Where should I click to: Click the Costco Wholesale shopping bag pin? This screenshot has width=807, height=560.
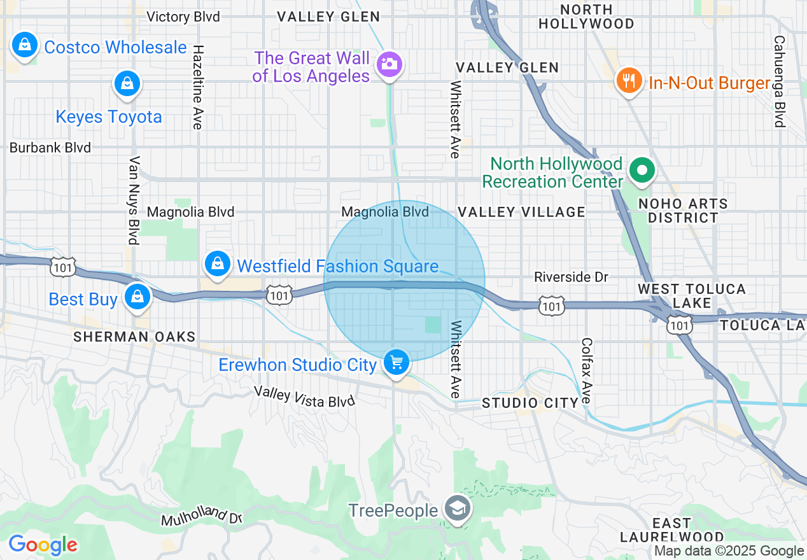click(x=24, y=45)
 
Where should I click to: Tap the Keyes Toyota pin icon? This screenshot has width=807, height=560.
click(x=127, y=83)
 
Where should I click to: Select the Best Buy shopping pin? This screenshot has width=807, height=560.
click(x=137, y=297)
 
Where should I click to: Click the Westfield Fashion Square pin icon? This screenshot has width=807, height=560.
click(x=218, y=263)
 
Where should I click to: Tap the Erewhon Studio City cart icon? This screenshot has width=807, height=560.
click(x=396, y=363)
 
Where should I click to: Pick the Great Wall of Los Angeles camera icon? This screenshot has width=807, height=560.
click(x=388, y=64)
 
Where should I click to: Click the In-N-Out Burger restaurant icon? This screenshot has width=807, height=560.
click(x=629, y=81)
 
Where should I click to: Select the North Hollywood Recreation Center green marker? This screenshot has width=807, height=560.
click(x=642, y=171)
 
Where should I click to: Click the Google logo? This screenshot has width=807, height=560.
click(x=43, y=545)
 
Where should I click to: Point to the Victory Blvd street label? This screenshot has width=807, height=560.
click(x=183, y=17)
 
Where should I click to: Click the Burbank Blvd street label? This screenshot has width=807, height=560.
click(x=50, y=148)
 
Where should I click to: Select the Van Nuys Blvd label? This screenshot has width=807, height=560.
click(x=134, y=200)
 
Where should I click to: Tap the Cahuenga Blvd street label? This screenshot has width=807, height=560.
click(x=779, y=81)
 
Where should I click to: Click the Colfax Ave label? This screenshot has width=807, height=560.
click(x=586, y=370)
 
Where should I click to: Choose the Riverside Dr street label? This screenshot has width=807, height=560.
click(x=571, y=277)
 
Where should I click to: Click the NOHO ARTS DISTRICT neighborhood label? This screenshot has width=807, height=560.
click(x=684, y=211)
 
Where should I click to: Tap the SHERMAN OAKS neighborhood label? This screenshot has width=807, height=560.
click(x=134, y=337)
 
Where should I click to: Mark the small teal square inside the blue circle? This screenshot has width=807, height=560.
click(x=433, y=325)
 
